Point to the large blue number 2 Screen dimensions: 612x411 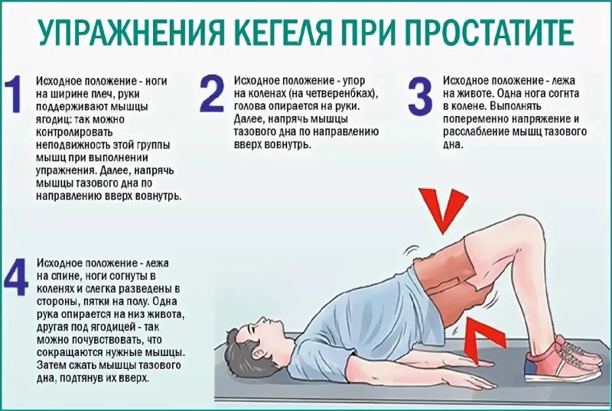coord(212,94)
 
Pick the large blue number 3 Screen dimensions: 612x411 coord(420,95)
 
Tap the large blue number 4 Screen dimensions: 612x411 coord(16,277)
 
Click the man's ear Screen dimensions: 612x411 coord(257,354)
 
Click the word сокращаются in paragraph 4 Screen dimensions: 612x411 coord(70,352)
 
